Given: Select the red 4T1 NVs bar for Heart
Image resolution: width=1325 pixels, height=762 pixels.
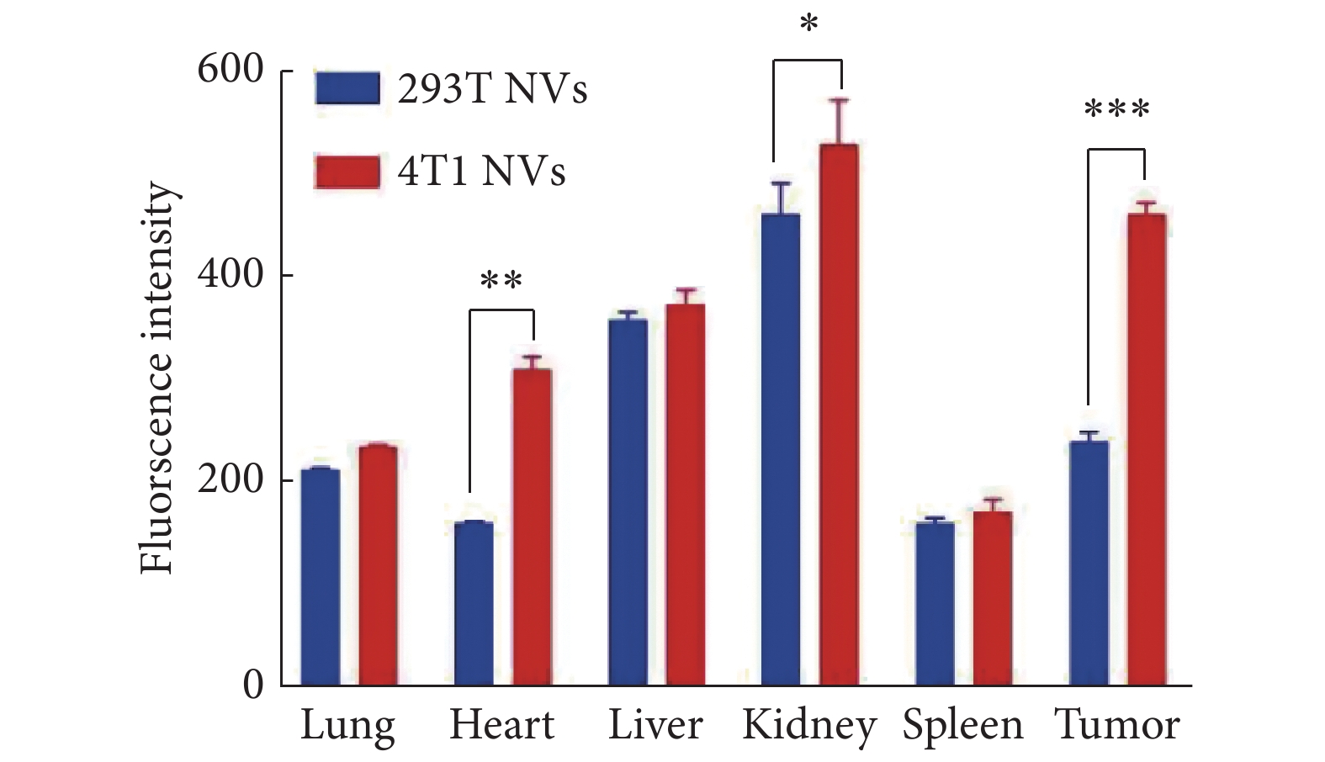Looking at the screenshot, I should [532, 527].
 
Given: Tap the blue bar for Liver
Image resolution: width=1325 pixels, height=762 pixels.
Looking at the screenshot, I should [628, 502].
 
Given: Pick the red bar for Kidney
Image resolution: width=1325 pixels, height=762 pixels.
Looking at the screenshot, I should [839, 415].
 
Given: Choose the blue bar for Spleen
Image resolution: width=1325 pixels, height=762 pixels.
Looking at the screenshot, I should [935, 603].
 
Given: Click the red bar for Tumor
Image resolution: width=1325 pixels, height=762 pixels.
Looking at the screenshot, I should [1146, 450].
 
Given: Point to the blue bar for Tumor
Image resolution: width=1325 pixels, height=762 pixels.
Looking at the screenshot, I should [1088, 563].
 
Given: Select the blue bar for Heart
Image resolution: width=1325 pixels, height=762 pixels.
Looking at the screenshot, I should [474, 603].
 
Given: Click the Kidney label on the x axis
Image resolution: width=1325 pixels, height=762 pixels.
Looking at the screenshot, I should [809, 726].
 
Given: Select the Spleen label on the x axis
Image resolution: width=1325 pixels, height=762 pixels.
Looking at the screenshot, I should [963, 726].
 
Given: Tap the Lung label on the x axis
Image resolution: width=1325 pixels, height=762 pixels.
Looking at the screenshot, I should [347, 726].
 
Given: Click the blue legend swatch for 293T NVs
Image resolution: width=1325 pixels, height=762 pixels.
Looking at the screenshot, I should [347, 87].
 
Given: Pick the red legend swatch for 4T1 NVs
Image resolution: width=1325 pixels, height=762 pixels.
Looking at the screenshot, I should [347, 171].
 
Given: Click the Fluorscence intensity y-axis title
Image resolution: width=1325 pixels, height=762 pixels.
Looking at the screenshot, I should [157, 378].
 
